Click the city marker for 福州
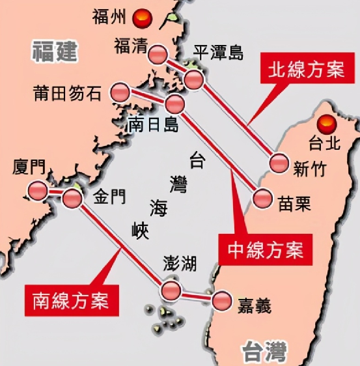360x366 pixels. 139,19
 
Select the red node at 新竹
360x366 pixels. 279,164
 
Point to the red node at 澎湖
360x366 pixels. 172,290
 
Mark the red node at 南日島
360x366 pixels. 175,104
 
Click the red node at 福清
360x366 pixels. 158,55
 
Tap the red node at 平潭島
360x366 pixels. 194,79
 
